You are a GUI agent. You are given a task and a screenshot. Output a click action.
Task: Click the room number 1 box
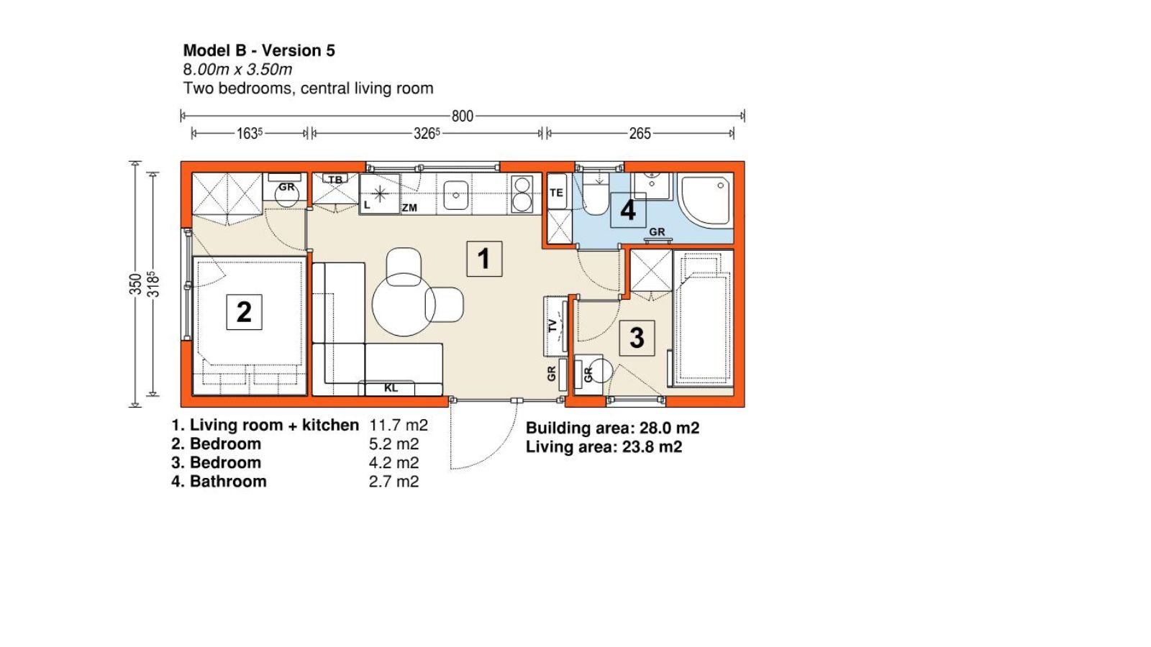[484, 258]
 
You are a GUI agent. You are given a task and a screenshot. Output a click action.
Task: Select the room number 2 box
[244, 312]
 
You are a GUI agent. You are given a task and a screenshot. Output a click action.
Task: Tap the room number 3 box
[637, 338]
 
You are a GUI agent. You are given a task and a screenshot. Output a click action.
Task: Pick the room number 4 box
[628, 210]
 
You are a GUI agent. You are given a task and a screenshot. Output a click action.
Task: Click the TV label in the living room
[552, 325]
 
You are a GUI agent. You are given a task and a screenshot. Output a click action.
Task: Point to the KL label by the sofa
[391, 387]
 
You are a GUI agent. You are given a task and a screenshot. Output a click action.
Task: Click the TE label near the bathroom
[556, 193]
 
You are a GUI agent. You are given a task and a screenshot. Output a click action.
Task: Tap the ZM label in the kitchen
[409, 208]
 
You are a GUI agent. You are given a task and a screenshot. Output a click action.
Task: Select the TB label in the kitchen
[335, 180]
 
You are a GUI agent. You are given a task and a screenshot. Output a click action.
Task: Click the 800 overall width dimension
[462, 116]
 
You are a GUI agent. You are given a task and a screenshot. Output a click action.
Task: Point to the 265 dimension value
[640, 134]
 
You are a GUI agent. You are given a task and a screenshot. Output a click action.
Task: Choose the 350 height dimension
[135, 284]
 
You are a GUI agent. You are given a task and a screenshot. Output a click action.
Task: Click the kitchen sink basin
[456, 195]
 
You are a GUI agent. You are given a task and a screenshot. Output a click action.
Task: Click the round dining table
[404, 305]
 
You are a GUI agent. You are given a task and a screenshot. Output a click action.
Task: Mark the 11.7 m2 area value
[399, 425]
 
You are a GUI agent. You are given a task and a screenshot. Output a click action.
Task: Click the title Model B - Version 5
[259, 50]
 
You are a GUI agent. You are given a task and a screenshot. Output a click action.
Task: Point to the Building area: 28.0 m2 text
[612, 428]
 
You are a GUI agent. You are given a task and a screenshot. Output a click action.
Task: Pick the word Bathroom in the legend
[228, 481]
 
